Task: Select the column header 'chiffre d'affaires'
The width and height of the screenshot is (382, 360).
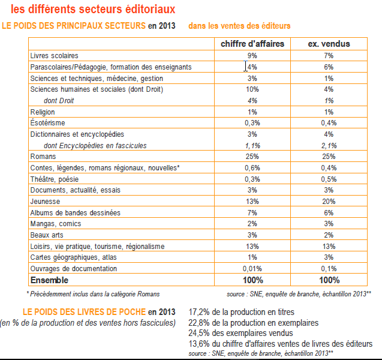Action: tap(252, 44)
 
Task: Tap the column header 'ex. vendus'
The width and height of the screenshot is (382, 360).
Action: tap(328, 44)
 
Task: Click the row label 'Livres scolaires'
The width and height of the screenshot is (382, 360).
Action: tap(54, 55)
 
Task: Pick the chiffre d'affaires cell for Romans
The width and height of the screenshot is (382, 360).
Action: tap(252, 157)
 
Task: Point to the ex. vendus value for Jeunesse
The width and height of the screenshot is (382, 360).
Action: tap(328, 201)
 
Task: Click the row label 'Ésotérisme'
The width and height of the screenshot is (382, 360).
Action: tap(47, 123)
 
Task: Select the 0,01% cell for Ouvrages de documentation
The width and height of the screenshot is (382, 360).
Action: tap(252, 269)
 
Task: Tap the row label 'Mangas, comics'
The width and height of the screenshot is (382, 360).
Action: tap(55, 224)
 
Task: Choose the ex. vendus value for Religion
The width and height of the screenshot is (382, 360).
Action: tap(328, 112)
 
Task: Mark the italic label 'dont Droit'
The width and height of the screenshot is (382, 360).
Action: tap(59, 100)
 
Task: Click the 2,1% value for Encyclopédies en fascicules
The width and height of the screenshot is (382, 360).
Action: tap(328, 145)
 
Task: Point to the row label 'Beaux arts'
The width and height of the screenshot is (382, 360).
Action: tap(47, 235)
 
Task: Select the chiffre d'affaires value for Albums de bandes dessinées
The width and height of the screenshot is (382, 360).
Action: tap(252, 212)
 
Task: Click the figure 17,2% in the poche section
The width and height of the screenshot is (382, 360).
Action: tap(199, 312)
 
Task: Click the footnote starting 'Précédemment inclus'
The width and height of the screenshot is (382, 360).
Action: tap(94, 293)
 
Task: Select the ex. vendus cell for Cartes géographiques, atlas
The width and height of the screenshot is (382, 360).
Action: tap(328, 257)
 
